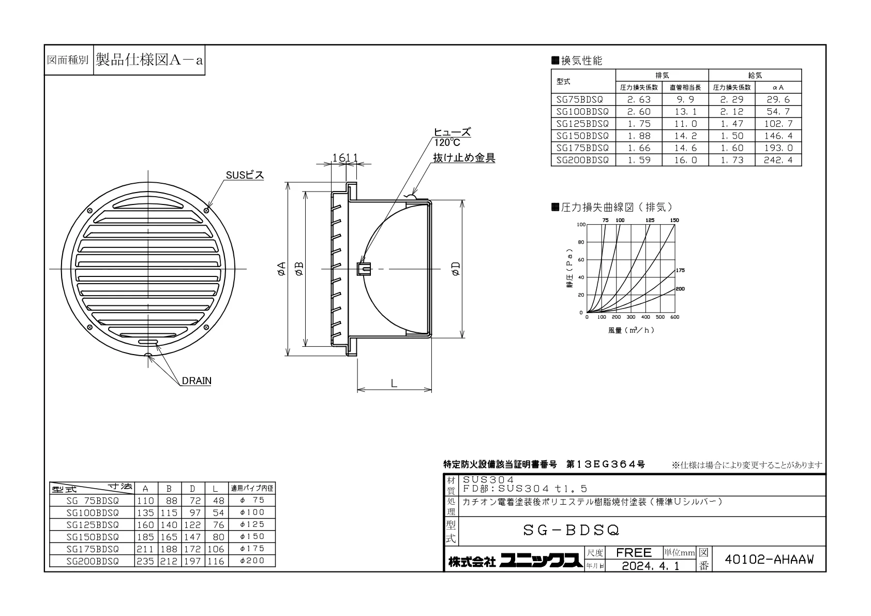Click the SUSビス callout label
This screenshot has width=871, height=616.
245,175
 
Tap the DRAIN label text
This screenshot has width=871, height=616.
197,380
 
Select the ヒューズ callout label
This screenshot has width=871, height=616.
452,132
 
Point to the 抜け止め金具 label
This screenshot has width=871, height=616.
464,157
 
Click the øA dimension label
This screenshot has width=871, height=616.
281,269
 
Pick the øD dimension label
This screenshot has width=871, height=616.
456,269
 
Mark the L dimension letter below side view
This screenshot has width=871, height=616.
394,384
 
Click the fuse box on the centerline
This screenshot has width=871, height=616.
364,269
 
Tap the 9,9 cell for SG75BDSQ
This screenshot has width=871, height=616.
685,99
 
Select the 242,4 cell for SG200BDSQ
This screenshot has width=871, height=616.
778,160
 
